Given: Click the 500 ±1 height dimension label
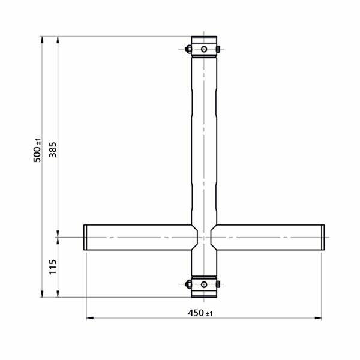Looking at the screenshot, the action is point(37,150).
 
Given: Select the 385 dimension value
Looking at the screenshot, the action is point(53,149).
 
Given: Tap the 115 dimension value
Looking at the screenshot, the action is point(53,267).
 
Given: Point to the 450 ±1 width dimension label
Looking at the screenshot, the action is point(200,313).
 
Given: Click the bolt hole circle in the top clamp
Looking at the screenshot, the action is point(204,49).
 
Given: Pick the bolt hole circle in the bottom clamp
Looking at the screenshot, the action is point(204,284).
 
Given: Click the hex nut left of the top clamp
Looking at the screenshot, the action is point(188,49).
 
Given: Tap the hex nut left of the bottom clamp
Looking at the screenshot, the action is point(188,284).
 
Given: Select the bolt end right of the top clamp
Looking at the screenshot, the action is point(218,49).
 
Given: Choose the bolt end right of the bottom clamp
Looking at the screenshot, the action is point(218,284).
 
